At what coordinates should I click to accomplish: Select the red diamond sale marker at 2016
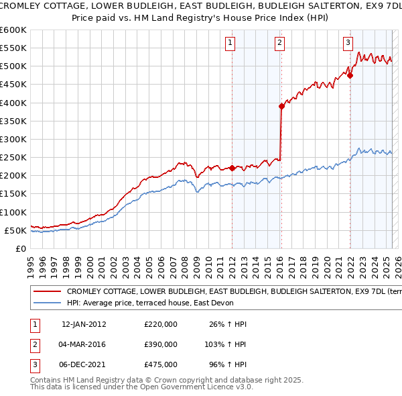281,106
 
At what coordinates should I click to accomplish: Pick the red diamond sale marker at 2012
232,168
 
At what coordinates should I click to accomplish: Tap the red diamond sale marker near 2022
350,75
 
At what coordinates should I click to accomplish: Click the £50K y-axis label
15,230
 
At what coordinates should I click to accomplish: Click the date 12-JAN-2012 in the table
84,324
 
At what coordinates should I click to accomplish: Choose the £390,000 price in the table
161,344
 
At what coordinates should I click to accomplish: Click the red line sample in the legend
48,292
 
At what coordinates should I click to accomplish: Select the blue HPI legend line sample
48,302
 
